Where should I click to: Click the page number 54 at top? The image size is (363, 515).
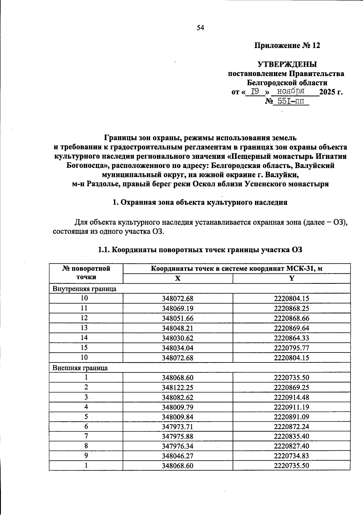point(201,28)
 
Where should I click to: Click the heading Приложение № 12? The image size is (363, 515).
point(287,46)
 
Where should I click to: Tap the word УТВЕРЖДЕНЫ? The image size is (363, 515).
point(287,64)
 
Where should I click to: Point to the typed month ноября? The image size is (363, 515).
point(291,91)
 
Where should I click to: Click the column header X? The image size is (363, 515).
point(178,278)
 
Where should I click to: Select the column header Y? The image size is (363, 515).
point(291,278)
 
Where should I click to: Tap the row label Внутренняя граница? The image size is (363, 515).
point(84,288)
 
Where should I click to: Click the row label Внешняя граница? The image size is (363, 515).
point(80,368)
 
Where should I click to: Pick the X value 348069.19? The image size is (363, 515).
point(178,308)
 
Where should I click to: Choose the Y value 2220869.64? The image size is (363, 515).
point(291,328)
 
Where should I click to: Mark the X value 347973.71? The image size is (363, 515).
point(178,427)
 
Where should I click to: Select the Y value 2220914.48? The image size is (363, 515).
point(291,397)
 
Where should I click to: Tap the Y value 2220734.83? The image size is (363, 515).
point(291,456)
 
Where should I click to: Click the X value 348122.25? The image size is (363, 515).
point(178,388)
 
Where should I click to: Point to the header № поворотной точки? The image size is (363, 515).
point(86,273)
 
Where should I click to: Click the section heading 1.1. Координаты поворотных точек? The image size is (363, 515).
point(200,250)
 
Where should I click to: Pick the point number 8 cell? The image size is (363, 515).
point(86,446)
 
